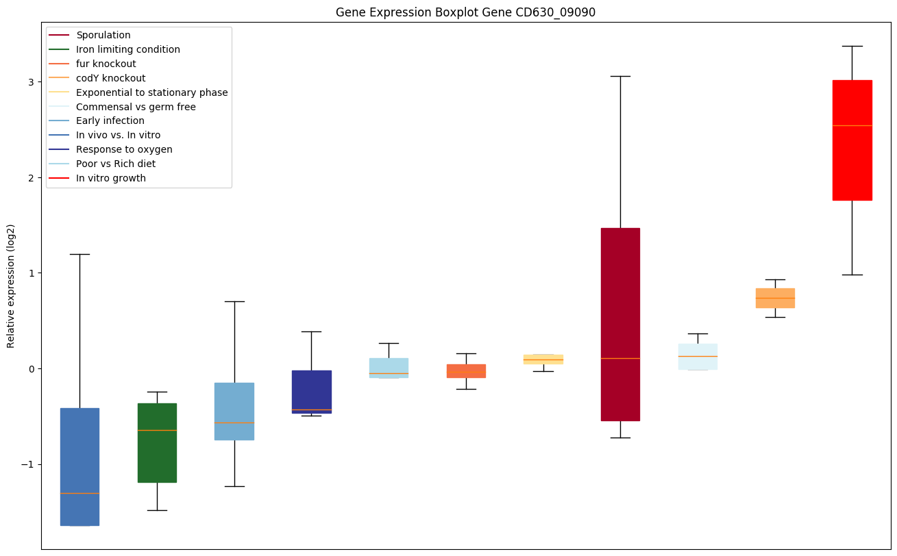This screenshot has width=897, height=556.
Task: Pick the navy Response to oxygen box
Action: point(312,390)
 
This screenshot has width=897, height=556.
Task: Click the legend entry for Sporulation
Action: point(103,35)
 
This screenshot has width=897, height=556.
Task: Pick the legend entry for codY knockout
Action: point(110,78)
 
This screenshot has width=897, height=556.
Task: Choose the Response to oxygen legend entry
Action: point(124,149)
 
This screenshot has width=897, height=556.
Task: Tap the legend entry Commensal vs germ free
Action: point(136,107)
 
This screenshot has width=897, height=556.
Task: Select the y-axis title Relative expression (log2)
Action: point(11,286)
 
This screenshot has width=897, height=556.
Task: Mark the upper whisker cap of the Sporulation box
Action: point(620,76)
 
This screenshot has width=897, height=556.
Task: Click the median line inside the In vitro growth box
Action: point(852,125)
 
